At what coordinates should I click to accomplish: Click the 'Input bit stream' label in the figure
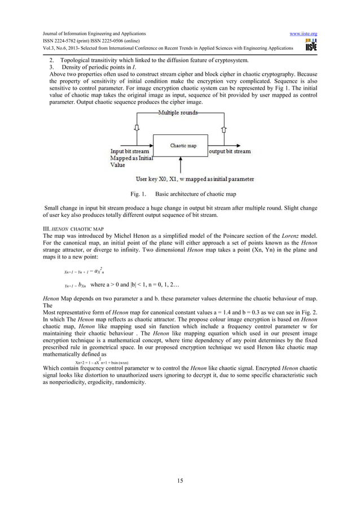pyautogui.click(x=130, y=151)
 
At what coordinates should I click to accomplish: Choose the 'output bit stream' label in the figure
pyautogui.click(x=229, y=151)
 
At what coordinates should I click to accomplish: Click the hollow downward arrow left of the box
pyautogui.click(x=135, y=128)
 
